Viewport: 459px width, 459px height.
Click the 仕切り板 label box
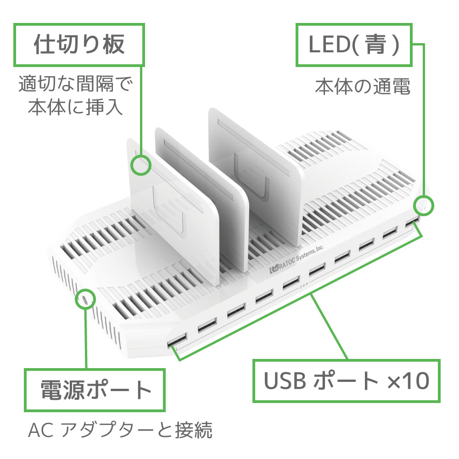pyautogui.click(x=79, y=44)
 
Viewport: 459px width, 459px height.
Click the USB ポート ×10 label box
pyautogui.click(x=347, y=381)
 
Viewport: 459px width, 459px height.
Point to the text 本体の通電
pyautogui.click(x=362, y=87)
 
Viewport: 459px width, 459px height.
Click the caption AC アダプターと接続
pyautogui.click(x=120, y=431)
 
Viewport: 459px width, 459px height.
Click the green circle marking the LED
pyautogui.click(x=424, y=205)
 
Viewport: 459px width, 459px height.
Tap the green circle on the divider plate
pyautogui.click(x=141, y=165)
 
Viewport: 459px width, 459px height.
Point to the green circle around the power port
pyautogui.click(x=85, y=299)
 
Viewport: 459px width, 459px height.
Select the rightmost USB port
pyautogui.click(x=412, y=223)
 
